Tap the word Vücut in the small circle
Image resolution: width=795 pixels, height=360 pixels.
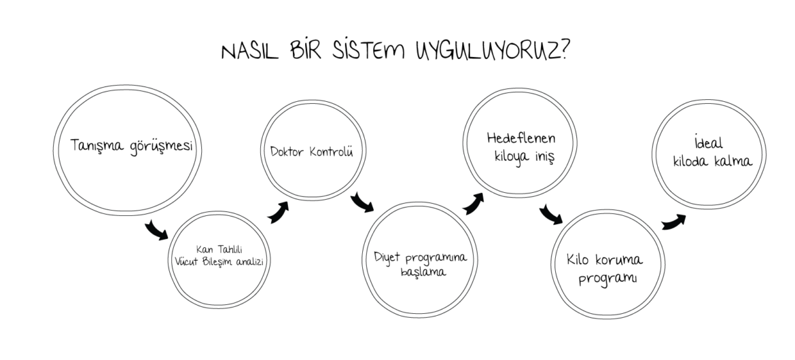pyautogui.click(x=188, y=261)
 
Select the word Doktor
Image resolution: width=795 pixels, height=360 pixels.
pyautogui.click(x=285, y=151)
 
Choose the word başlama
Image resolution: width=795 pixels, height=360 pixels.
pyautogui.click(x=422, y=272)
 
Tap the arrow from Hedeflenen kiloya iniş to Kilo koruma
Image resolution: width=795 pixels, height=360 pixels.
pyautogui.click(x=550, y=215)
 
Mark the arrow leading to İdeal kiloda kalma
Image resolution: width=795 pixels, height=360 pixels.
pyautogui.click(x=673, y=219)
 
